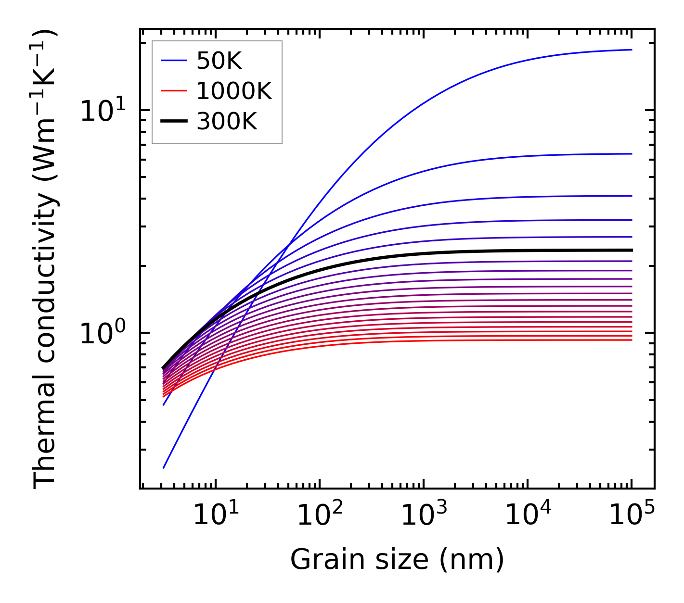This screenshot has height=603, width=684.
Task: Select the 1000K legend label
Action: [234, 91]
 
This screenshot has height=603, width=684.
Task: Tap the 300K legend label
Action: [227, 122]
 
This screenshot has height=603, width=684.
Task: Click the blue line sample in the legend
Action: [173, 61]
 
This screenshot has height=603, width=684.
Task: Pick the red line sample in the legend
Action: [173, 91]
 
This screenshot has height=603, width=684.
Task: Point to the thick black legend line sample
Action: [173, 122]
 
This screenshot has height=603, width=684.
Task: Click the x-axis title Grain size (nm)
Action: [397, 560]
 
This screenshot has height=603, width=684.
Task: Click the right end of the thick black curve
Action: [631, 250]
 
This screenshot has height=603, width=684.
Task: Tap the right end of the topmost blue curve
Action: [631, 50]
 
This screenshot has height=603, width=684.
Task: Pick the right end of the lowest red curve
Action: [631, 340]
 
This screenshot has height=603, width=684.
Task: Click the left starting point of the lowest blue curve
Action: [164, 467]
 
